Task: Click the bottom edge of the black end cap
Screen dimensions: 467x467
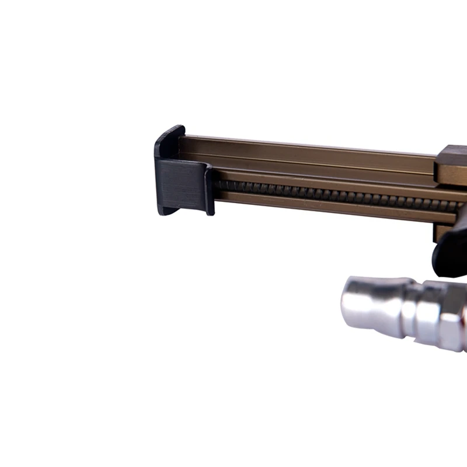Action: [181, 211]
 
